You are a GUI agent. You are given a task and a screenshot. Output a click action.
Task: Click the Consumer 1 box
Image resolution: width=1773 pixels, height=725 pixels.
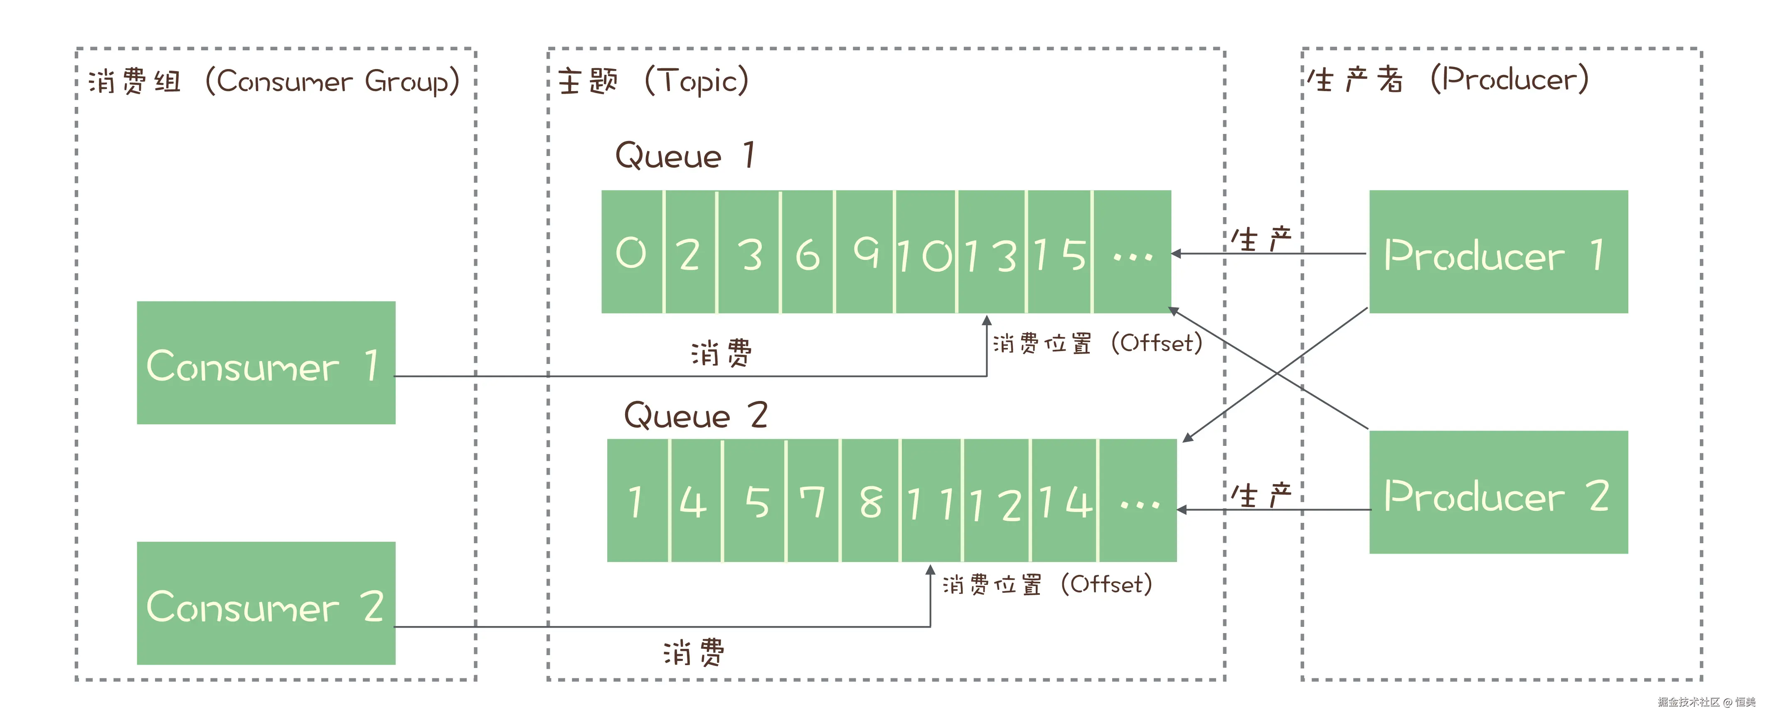pyautogui.click(x=266, y=362)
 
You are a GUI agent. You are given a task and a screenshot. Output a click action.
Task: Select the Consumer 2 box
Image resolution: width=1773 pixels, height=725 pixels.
pyautogui.click(x=266, y=603)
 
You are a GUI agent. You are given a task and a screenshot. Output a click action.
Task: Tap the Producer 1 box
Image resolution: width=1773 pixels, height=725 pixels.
pyautogui.click(x=1498, y=252)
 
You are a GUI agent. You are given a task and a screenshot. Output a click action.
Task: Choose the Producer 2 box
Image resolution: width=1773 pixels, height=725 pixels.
pyautogui.click(x=1498, y=492)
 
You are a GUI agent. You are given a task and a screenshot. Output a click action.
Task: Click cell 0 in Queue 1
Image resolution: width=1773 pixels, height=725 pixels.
pyautogui.click(x=631, y=252)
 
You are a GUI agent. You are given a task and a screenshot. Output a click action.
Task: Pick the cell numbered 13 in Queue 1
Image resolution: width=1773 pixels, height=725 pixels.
pyautogui.click(x=991, y=252)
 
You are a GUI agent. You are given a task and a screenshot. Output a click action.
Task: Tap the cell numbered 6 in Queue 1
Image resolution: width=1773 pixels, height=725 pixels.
pyautogui.click(x=808, y=252)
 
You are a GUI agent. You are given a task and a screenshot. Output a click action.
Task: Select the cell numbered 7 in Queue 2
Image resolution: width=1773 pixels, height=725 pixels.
pyautogui.click(x=813, y=500)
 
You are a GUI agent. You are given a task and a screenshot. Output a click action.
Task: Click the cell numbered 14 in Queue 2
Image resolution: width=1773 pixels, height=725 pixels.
pyautogui.click(x=1065, y=500)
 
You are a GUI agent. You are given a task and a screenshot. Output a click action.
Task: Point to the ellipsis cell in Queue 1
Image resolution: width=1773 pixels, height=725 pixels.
pyautogui.click(x=1132, y=252)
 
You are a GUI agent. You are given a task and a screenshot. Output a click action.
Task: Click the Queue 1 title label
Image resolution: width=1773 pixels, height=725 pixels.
pyautogui.click(x=685, y=156)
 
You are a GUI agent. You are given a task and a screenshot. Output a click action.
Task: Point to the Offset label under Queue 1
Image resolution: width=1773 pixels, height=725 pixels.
pyautogui.click(x=1097, y=343)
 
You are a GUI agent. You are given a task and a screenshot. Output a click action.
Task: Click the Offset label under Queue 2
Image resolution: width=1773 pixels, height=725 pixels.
pyautogui.click(x=1047, y=584)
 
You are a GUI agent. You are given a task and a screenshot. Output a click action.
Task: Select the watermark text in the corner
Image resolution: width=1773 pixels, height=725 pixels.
pyautogui.click(x=1706, y=702)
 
